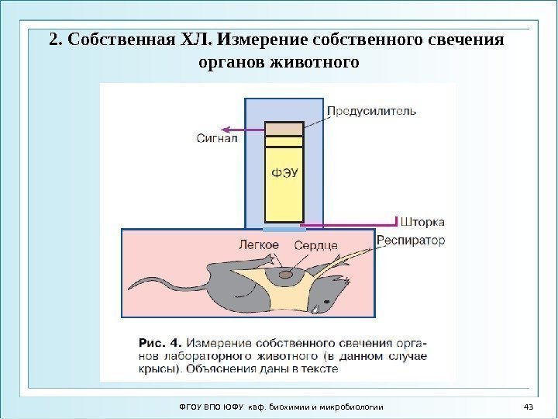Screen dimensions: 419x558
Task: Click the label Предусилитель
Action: tap(370, 111)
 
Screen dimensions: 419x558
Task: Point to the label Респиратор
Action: tap(411, 240)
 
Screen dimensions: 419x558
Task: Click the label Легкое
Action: tap(259, 245)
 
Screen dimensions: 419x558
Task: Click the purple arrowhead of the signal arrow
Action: tap(221, 130)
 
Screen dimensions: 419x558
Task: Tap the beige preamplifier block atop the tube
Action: tap(284, 129)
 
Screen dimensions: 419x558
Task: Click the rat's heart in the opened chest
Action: tap(286, 273)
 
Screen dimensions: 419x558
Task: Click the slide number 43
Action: tap(530, 407)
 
